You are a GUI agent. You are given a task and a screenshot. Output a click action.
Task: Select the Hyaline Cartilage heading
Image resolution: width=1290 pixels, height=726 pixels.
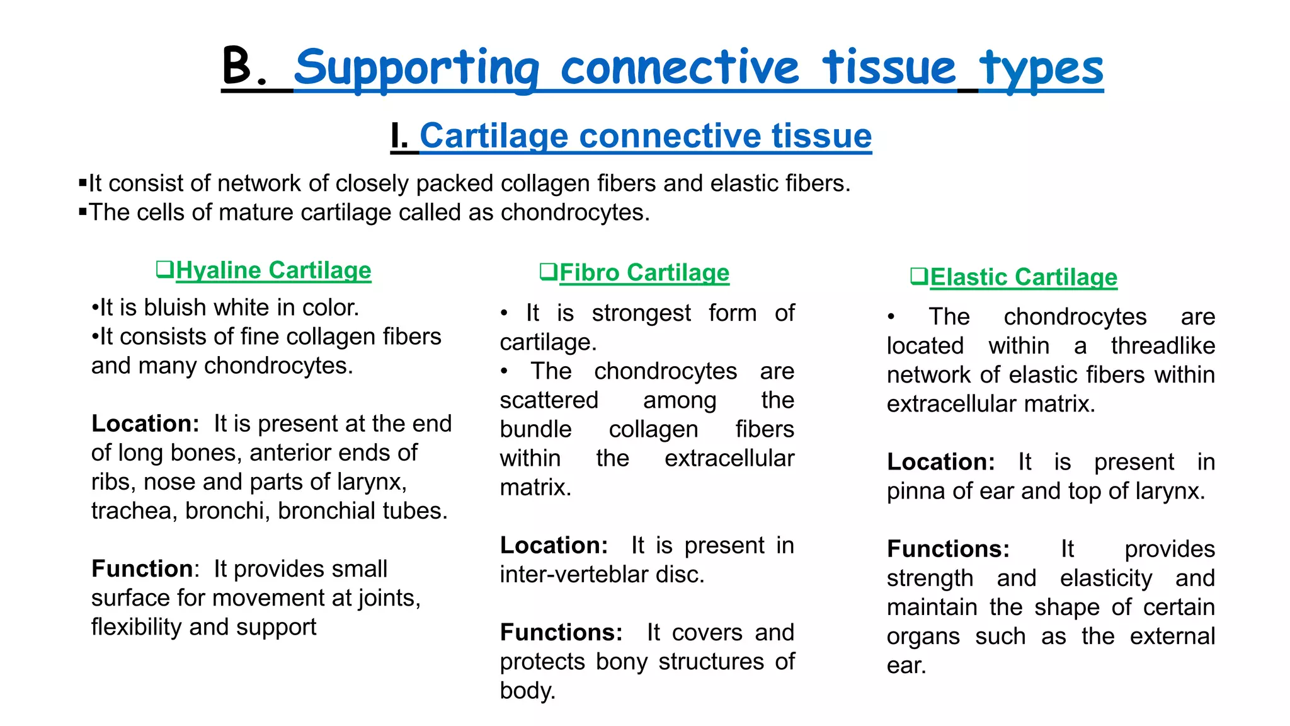[x=273, y=270]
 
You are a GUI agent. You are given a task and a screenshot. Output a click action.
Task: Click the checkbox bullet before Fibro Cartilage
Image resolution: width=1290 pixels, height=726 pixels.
[x=548, y=272]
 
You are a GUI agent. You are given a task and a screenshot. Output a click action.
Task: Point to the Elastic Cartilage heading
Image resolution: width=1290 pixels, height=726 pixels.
[x=1024, y=277]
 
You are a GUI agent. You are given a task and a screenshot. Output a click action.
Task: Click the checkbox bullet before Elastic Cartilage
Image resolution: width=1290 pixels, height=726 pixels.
[x=919, y=276]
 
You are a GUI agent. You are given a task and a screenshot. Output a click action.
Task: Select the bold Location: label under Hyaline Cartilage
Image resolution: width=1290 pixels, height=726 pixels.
[x=146, y=423]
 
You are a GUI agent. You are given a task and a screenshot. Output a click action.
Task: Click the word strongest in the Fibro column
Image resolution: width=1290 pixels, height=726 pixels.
[x=641, y=313]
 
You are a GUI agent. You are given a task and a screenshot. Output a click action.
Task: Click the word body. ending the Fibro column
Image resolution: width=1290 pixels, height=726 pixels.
[x=527, y=691]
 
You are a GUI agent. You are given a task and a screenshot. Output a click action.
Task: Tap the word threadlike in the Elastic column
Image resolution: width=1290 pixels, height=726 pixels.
[x=1163, y=346]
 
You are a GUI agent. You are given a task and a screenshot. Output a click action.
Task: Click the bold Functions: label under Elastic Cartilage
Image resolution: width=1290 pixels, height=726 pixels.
[x=948, y=549]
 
